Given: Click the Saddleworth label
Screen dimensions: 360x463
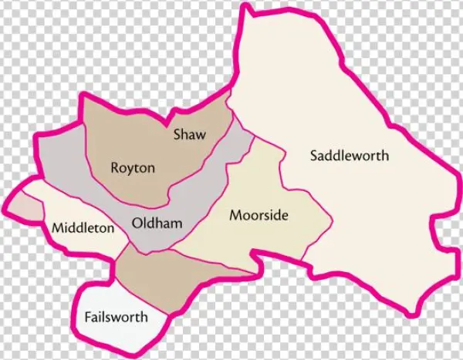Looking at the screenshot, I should click(349, 156).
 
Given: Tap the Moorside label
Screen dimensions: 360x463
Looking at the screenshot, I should click(259, 216).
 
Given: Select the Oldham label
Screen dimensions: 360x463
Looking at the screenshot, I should click(157, 224).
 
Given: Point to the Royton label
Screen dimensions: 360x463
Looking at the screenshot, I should click(133, 168).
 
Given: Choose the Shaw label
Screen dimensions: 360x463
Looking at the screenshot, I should click(189, 136).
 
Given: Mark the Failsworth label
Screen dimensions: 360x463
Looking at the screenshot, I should click(116, 318).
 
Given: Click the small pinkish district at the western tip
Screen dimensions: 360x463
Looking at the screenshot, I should click(23, 207).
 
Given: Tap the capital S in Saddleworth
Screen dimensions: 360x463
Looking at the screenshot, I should click(313, 156).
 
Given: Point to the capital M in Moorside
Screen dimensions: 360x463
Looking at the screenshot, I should click(235, 216).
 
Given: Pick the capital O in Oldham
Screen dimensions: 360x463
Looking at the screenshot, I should click(137, 224).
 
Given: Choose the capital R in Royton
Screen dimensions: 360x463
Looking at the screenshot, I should click(115, 168).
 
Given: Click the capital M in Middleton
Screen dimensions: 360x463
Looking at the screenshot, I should click(57, 228).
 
